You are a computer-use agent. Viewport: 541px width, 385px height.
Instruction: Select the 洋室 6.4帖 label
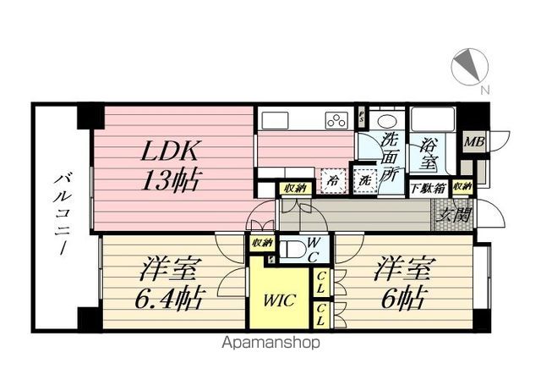coord(168,286)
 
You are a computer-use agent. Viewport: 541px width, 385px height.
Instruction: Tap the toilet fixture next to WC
coord(292,250)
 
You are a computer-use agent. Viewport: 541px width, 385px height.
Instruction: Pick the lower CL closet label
coord(323,315)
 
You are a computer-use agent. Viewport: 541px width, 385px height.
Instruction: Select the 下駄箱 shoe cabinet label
coord(426,188)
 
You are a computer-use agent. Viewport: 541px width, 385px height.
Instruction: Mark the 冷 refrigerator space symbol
coord(335,180)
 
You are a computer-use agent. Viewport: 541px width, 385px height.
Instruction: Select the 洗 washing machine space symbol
coord(365,180)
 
